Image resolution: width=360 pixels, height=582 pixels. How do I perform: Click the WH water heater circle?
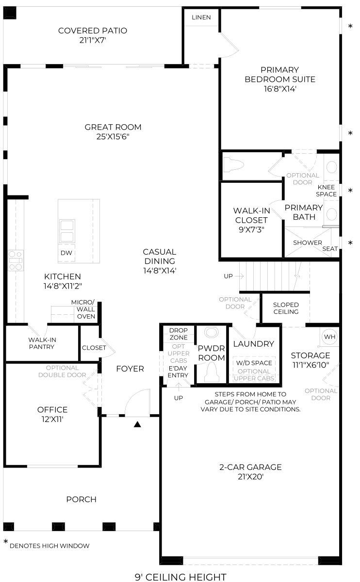pos(329,337)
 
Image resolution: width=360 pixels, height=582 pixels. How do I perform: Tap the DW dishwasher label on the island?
pos(66,253)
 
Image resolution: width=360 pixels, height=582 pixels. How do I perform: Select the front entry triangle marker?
pos(137,424)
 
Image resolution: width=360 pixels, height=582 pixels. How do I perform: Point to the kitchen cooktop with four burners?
pos(16,260)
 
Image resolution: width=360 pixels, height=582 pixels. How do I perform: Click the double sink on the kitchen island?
pos(67,231)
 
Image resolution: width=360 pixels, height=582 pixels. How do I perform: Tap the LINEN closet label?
pos(201,17)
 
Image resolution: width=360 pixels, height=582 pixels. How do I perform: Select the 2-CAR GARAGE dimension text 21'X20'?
pos(250,477)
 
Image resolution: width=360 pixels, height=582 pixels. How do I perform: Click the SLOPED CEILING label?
pos(286,308)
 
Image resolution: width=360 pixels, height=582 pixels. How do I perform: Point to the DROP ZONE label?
pos(179,334)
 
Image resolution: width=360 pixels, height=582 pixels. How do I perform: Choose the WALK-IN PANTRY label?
pos(42,343)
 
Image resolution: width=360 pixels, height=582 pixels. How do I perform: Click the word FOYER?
pos(130,369)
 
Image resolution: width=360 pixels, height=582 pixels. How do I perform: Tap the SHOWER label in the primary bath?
pos(308,242)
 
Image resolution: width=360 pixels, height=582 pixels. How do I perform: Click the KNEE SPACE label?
pos(326,191)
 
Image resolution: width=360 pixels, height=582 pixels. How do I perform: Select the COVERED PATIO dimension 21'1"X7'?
pos(93,40)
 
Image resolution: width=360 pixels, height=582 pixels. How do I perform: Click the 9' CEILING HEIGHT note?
pos(180,577)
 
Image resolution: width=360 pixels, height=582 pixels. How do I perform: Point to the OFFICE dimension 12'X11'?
pos(52,419)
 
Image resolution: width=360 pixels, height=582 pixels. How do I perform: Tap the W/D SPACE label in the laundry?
pos(254,363)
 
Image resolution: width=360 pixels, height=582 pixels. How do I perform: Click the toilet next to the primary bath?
pos(234,165)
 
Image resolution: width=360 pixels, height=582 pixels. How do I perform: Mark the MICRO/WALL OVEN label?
pos(83,309)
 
